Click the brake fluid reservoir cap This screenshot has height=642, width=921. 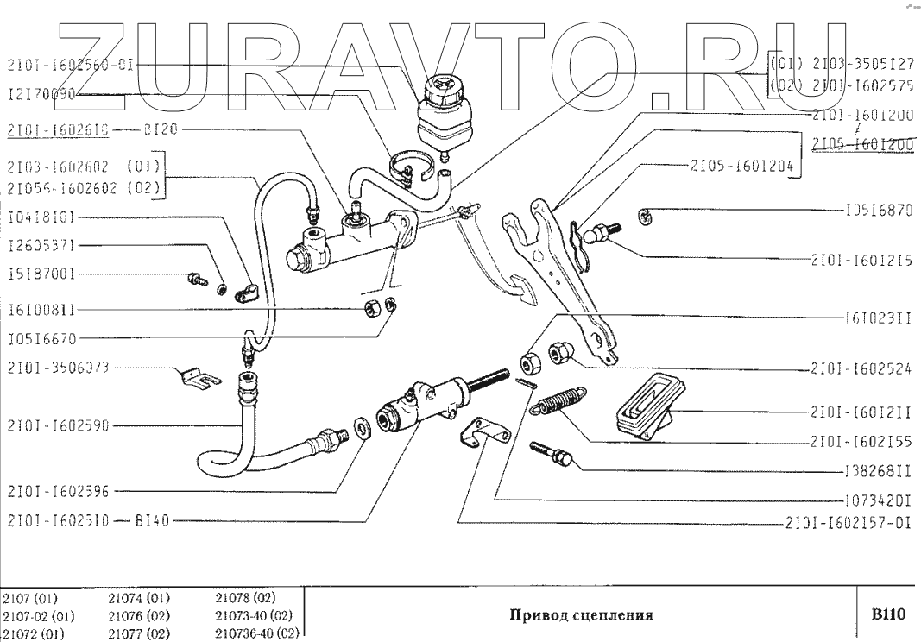click(442, 87)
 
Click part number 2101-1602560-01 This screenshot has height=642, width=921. click(70, 65)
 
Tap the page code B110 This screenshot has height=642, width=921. click(886, 615)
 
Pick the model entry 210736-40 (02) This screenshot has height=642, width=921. click(255, 633)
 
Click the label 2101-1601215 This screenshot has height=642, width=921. click(862, 259)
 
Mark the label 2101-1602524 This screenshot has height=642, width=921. click(862, 370)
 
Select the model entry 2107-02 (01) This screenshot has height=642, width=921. click(39, 617)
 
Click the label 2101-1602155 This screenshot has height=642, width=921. click(862, 441)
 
